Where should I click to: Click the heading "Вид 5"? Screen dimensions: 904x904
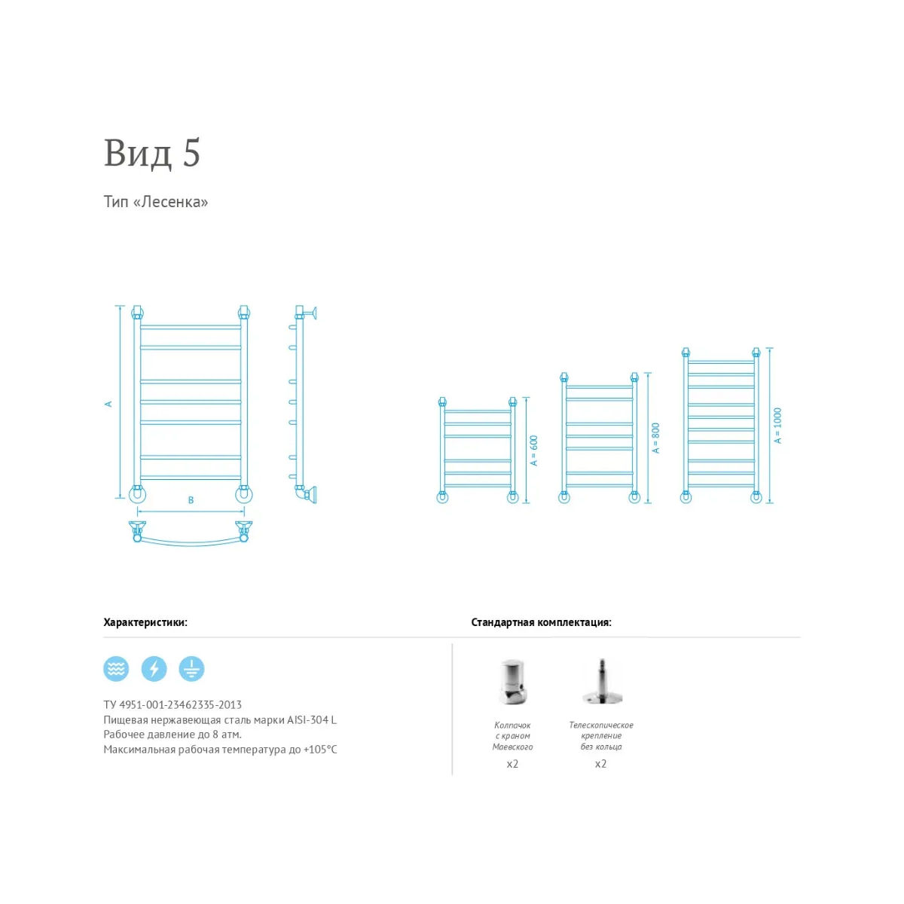coord(152,153)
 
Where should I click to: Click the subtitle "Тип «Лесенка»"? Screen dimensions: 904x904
coord(156,202)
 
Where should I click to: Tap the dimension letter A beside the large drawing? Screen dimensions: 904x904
coord(108,404)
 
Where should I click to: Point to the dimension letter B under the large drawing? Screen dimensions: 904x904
coord(191,500)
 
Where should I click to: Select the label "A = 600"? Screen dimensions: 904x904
coord(533,450)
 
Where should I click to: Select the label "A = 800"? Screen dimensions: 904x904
coord(656,438)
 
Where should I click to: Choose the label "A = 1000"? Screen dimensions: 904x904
coord(777,426)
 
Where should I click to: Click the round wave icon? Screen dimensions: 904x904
coord(116,668)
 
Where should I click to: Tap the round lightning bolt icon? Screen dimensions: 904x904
coord(154,668)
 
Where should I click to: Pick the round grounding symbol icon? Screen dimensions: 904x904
coord(191,668)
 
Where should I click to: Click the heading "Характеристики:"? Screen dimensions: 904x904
coord(145,622)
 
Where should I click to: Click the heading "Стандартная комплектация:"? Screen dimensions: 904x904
coord(542,622)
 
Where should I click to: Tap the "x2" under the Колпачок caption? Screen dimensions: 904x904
coord(512,764)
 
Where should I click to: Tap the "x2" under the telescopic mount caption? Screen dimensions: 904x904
coord(601,764)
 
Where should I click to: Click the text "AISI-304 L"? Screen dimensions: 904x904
coord(312,719)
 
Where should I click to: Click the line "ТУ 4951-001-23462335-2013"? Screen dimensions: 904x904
coord(173,704)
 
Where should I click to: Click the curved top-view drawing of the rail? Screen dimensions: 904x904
coord(191,543)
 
